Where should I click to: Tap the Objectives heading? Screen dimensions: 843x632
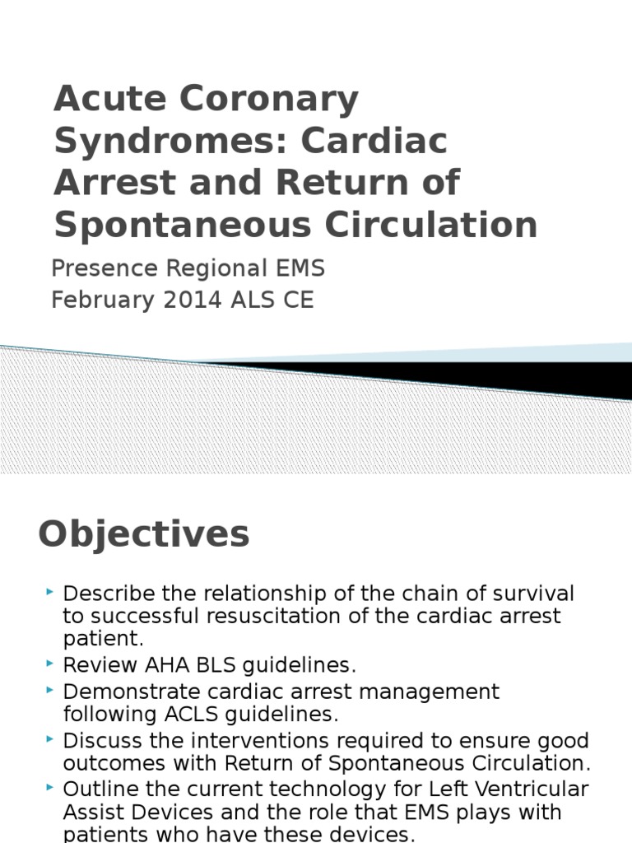tap(143, 534)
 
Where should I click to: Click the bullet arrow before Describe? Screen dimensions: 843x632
tap(51, 592)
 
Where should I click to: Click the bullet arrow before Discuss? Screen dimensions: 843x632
tap(51, 738)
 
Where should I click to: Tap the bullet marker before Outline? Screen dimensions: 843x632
tap(51, 788)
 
